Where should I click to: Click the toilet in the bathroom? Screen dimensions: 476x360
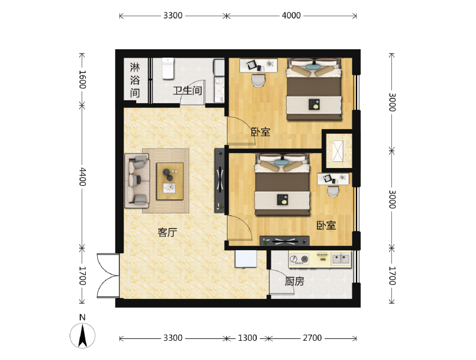click(168, 68)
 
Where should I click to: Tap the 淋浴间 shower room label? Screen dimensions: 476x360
click(135, 80)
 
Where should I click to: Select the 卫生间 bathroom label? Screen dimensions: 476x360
click(188, 91)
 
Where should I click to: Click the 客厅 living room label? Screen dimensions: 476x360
click(167, 232)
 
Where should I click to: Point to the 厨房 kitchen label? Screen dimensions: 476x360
click(294, 281)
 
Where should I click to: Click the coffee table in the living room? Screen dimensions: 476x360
click(170, 181)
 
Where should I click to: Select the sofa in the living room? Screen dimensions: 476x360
click(137, 181)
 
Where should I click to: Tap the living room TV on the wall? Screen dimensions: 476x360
click(220, 181)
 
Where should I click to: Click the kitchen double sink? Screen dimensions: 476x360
click(341, 259)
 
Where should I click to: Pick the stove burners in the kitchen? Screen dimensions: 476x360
click(299, 259)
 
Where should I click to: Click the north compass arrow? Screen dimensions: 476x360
click(83, 336)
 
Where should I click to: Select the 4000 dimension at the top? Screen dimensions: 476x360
click(291, 16)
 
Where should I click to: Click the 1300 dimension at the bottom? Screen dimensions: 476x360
click(247, 338)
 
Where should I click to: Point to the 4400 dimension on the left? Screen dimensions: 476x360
click(83, 176)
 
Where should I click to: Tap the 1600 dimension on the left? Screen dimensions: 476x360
click(83, 80)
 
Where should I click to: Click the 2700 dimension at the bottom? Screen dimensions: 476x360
click(312, 338)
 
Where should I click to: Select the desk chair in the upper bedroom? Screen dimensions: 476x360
click(259, 80)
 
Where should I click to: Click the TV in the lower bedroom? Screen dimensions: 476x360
click(285, 241)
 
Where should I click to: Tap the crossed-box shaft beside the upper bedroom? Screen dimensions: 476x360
click(338, 151)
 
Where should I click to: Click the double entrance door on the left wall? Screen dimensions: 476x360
click(108, 275)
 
